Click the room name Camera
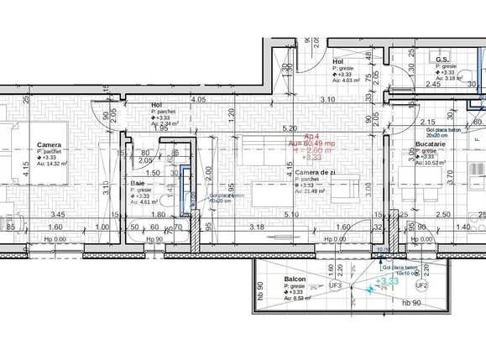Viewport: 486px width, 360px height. point(49,144)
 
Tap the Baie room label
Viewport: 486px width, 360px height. point(138,183)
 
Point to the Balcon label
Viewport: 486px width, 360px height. point(295,279)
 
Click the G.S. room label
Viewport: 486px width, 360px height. point(442,60)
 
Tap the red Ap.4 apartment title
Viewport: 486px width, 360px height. point(311,136)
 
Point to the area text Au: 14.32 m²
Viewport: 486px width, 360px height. point(51,164)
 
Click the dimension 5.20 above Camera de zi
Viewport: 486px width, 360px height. point(290,128)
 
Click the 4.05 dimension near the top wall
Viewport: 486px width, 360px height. point(199,100)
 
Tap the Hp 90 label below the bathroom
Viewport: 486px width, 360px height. point(154,240)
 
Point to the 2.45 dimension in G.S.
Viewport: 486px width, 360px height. point(433,84)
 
